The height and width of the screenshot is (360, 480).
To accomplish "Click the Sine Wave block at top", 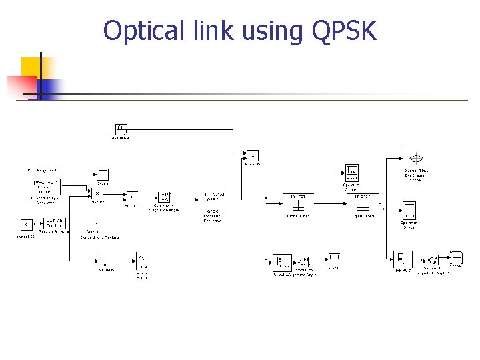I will pos(121,129).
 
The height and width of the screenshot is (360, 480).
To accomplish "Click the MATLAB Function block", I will pos(54,223).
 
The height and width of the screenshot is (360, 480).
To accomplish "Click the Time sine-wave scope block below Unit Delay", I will pos(143,259).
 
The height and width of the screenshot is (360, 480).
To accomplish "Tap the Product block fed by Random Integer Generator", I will pos(97,193).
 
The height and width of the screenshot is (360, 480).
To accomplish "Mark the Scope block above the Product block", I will pos(102,174).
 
